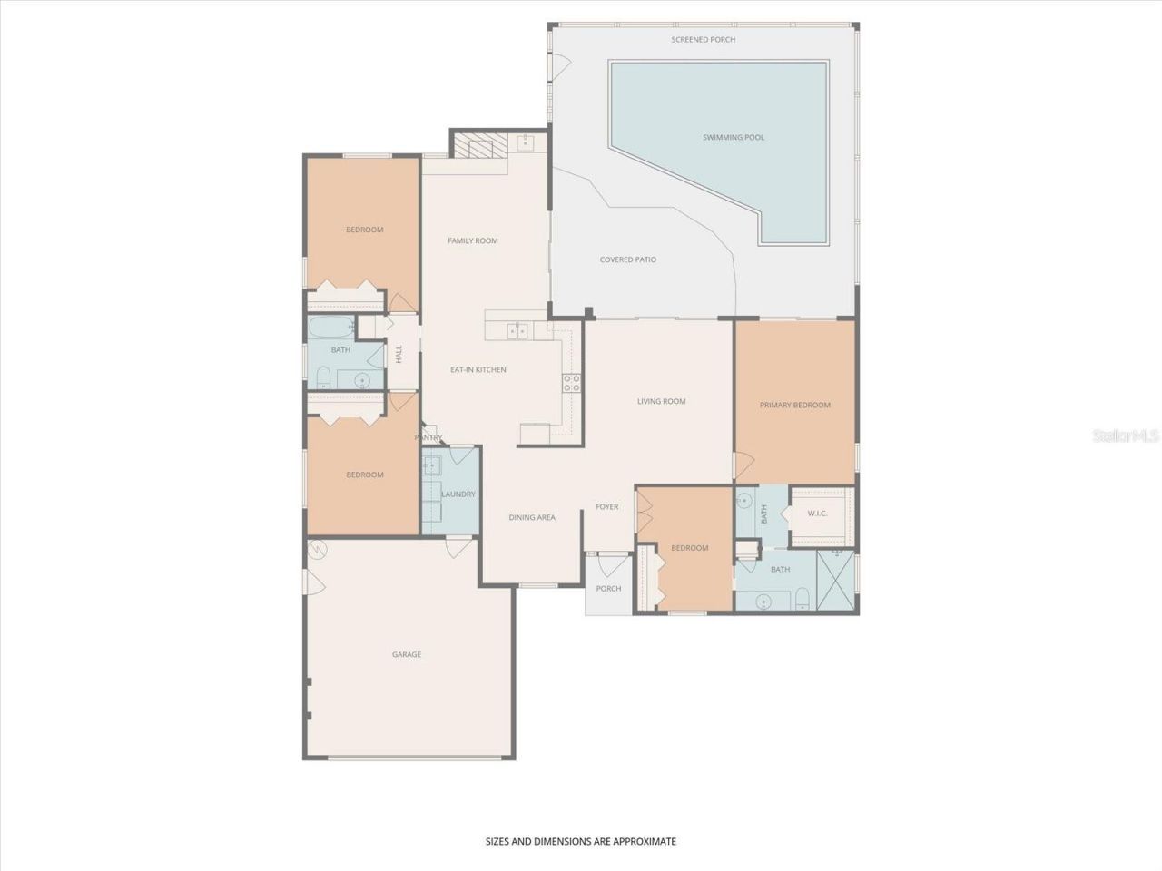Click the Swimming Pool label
(x=734, y=138)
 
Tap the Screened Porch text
(x=704, y=40)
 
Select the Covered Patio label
(x=627, y=260)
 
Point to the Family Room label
(x=473, y=241)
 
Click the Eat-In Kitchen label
(x=478, y=370)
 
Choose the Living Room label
(x=661, y=401)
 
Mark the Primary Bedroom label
(x=795, y=406)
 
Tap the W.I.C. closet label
(x=817, y=514)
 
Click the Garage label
(x=407, y=655)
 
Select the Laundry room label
(x=458, y=494)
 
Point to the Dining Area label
(x=532, y=518)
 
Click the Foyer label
(x=606, y=507)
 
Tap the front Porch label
(x=608, y=589)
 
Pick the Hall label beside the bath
(x=399, y=355)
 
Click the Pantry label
(x=428, y=438)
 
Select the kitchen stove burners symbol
(x=571, y=383)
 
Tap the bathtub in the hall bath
(x=330, y=328)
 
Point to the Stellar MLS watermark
(x=1126, y=436)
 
